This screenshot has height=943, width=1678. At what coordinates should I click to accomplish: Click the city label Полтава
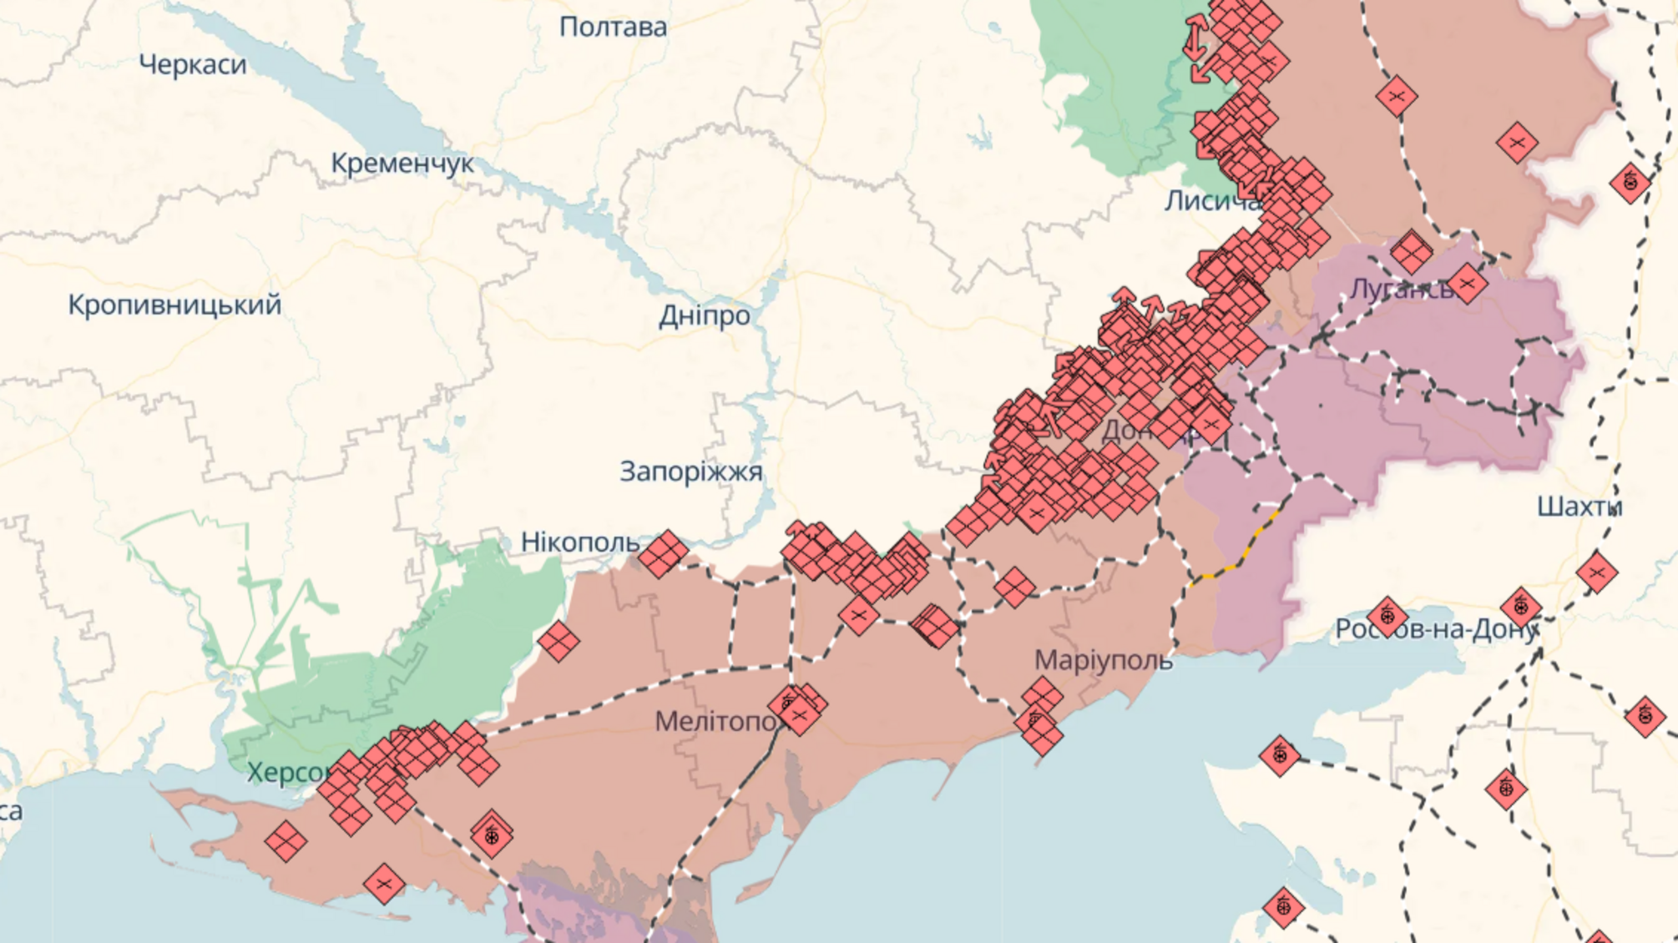[x=613, y=28]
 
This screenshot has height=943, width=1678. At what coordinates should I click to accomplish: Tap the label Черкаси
[x=193, y=64]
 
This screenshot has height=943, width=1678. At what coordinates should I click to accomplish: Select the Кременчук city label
[x=402, y=163]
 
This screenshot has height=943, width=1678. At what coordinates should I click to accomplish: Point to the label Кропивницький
[x=174, y=305]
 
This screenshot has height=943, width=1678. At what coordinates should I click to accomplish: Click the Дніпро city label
[x=704, y=315]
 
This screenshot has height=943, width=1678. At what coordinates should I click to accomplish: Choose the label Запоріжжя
[x=690, y=471]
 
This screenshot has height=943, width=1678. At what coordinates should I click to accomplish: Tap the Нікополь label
[x=579, y=542]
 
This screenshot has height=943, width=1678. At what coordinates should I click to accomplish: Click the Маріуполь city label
[x=1103, y=660]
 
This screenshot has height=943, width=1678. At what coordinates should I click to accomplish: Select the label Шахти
[x=1579, y=507]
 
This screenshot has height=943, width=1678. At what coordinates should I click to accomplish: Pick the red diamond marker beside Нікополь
[x=663, y=553]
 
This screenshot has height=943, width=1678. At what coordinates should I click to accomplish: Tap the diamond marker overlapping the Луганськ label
[x=1467, y=284]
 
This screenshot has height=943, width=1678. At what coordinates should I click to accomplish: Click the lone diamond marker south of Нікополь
[x=558, y=641]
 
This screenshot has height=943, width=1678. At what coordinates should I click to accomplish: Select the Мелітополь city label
[x=718, y=721]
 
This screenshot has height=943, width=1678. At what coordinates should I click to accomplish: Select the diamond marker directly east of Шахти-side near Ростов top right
[x=1596, y=572]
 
